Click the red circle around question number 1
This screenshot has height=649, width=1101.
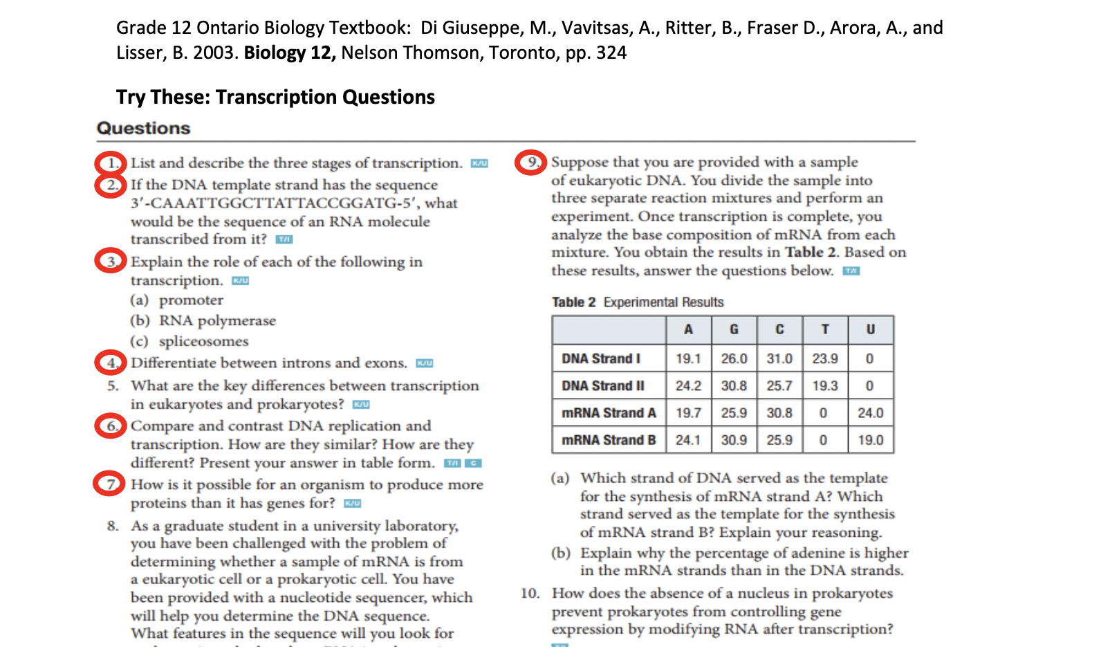(x=111, y=163)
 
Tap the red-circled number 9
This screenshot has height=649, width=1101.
(x=530, y=163)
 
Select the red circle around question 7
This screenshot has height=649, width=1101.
(x=109, y=484)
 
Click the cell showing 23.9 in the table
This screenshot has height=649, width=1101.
(x=825, y=358)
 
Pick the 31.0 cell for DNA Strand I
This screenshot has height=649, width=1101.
(x=779, y=358)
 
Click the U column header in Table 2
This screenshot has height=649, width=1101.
(x=870, y=330)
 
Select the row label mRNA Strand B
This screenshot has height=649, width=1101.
(x=609, y=440)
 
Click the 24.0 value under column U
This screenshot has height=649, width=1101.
(x=870, y=413)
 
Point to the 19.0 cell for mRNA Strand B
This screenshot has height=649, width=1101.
(x=870, y=440)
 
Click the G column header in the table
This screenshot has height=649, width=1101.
(x=734, y=330)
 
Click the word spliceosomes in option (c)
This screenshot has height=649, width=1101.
(x=203, y=341)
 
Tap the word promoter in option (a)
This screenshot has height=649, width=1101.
(x=191, y=300)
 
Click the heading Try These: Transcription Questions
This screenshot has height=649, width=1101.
(x=275, y=97)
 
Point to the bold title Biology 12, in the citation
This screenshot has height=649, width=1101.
(x=290, y=53)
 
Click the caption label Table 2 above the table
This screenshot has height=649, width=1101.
(x=573, y=302)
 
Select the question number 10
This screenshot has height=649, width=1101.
(x=530, y=594)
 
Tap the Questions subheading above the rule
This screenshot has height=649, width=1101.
(x=143, y=128)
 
